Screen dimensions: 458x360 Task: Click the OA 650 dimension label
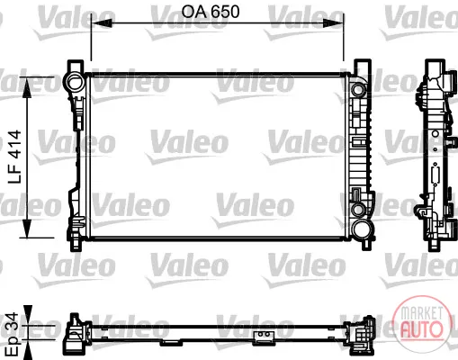pos(211,12)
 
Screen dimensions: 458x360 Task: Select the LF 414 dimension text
pos(14,157)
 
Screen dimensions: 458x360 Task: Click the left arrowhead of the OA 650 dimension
pos(102,23)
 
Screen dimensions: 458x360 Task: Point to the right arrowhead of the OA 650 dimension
pos(333,23)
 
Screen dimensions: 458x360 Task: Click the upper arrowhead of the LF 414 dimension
pos(27,87)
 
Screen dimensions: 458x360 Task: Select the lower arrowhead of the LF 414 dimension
pos(27,229)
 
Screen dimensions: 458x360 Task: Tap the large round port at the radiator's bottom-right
pos(361,229)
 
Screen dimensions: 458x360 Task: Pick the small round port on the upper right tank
pos(358,89)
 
